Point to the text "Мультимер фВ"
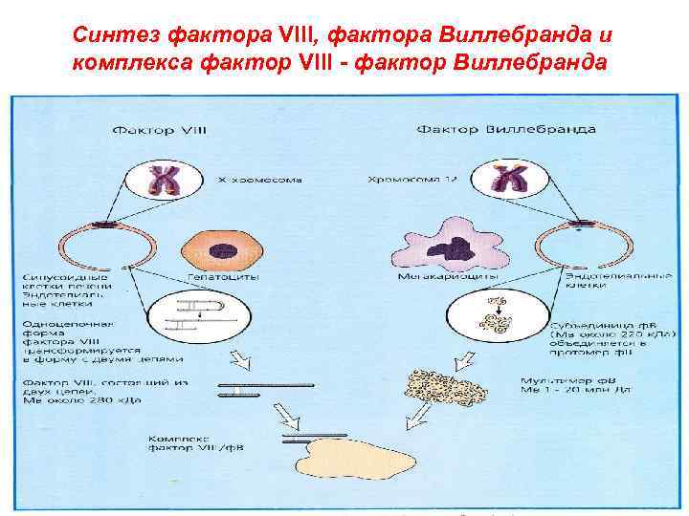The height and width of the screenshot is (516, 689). [560, 382]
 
